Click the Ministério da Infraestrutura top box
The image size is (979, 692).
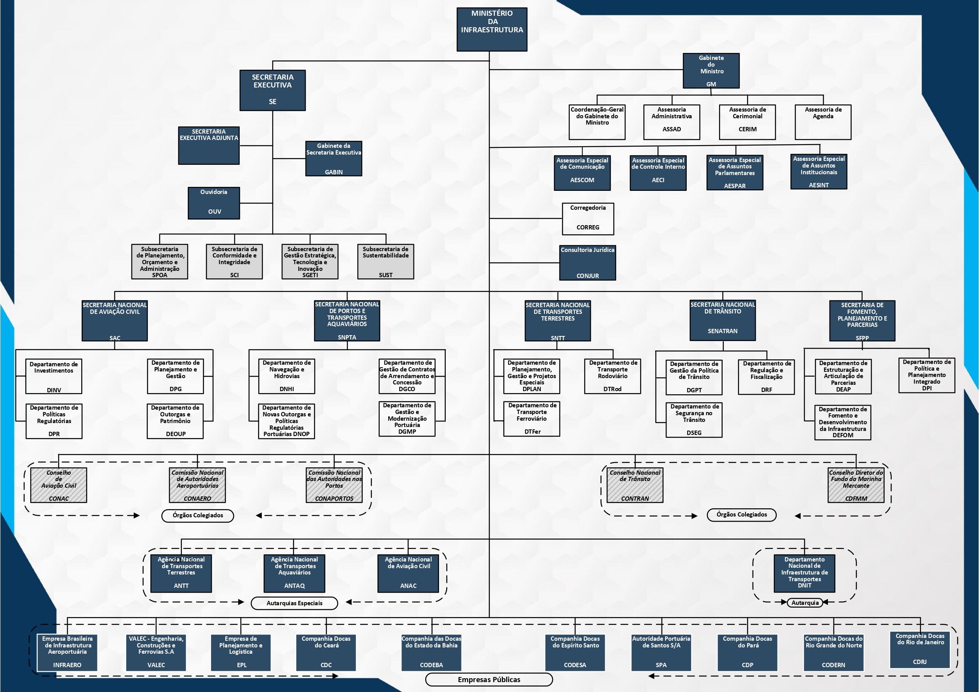pyautogui.click(x=491, y=30)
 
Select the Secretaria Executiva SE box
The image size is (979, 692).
pyautogui.click(x=273, y=90)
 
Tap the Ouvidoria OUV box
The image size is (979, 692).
pyautogui.click(x=214, y=203)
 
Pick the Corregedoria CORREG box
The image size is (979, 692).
pyautogui.click(x=588, y=218)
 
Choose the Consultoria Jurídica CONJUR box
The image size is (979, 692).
pyautogui.click(x=587, y=262)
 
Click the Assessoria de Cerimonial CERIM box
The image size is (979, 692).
pyautogui.click(x=747, y=122)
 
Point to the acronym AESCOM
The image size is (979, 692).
pyautogui.click(x=582, y=180)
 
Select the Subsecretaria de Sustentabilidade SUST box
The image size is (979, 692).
pyautogui.click(x=385, y=261)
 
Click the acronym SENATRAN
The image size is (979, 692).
pyautogui.click(x=722, y=331)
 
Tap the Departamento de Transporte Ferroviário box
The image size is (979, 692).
pyautogui.click(x=531, y=418)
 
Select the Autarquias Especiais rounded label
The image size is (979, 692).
pyautogui.click(x=294, y=603)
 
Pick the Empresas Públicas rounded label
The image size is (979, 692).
pyautogui.click(x=489, y=679)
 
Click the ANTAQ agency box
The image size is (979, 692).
pyautogui.click(x=294, y=573)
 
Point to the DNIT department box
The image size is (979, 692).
pyautogui.click(x=804, y=573)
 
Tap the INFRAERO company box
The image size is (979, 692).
pyautogui.click(x=67, y=652)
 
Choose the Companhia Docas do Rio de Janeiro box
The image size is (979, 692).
pyautogui.click(x=919, y=649)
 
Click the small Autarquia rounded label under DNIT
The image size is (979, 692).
pyautogui.click(x=805, y=602)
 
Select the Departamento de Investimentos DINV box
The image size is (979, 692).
pyautogui.click(x=54, y=376)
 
